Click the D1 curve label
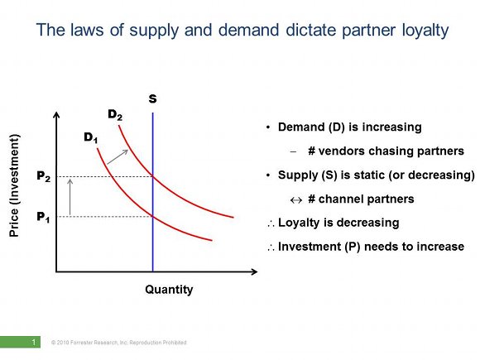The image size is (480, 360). pyautogui.click(x=91, y=137)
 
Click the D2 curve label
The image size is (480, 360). pyautogui.click(x=115, y=115)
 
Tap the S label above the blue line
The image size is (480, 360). pyautogui.click(x=153, y=98)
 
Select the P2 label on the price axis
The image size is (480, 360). pyautogui.click(x=44, y=176)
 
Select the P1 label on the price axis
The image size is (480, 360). pyautogui.click(x=43, y=217)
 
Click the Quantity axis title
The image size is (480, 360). pyautogui.click(x=169, y=290)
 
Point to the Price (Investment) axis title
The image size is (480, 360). pyautogui.click(x=14, y=185)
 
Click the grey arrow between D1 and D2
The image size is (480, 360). pyautogui.click(x=118, y=156)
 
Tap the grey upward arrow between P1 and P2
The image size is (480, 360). pyautogui.click(x=70, y=197)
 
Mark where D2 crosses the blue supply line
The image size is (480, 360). pyautogui.click(x=153, y=176)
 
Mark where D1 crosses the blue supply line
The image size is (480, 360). pyautogui.click(x=153, y=217)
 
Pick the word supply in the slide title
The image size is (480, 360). pyautogui.click(x=154, y=31)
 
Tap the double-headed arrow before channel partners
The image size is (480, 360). pyautogui.click(x=296, y=200)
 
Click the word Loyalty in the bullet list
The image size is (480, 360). pyautogui.click(x=299, y=223)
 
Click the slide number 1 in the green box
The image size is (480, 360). pyautogui.click(x=34, y=342)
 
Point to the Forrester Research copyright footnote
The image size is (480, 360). pyautogui.click(x=119, y=343)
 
